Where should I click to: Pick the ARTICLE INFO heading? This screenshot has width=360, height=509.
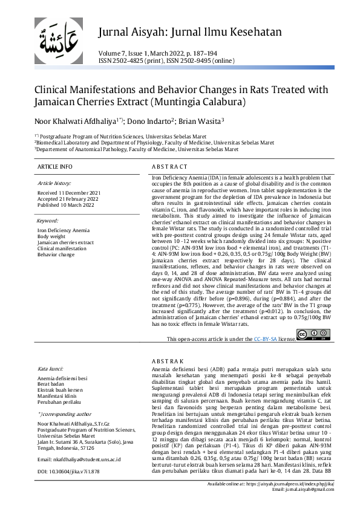tap(54, 166)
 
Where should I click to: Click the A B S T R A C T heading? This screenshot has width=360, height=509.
tap(169, 166)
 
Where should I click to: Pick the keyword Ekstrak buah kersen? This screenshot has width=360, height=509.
tap(61, 389)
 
